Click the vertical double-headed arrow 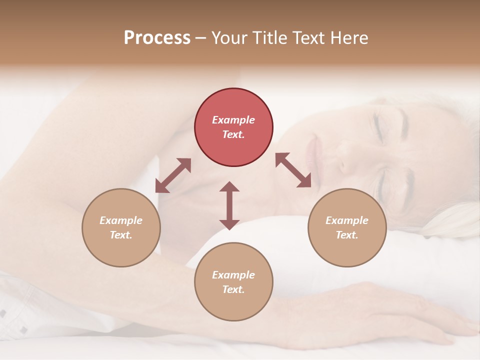(229, 205)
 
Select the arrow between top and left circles (173, 175)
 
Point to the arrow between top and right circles (293, 170)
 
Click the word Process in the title (157, 38)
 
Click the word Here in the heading (350, 38)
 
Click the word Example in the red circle (233, 120)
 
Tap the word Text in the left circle (121, 235)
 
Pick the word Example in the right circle (347, 220)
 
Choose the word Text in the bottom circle (233, 289)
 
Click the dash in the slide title (201, 38)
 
